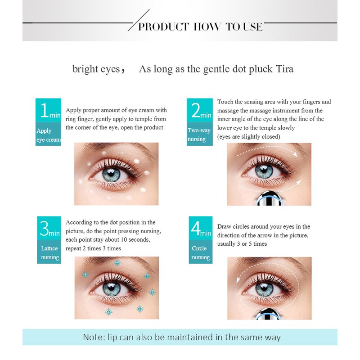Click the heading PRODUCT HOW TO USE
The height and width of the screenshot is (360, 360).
[200, 27]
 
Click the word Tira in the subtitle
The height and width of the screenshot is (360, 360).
[284, 69]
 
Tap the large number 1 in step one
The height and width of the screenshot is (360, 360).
[44, 110]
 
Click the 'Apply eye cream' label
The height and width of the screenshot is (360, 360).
[49, 135]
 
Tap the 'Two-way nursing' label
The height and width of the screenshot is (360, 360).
[199, 135]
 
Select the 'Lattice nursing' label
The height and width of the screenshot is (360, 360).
[49, 252]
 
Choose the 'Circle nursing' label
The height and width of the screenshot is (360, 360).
[200, 252]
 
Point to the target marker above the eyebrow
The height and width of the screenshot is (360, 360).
[117, 263]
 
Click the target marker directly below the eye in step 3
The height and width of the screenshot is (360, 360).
[108, 312]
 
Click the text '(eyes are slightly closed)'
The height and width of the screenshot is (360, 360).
[249, 137]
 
